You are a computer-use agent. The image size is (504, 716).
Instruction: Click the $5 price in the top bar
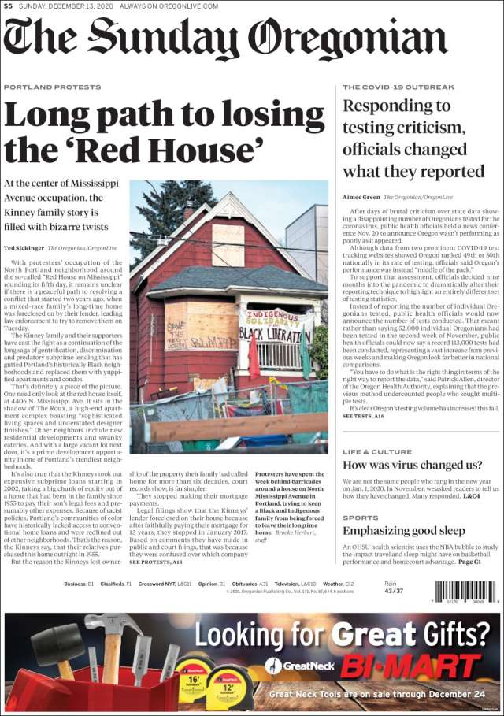coord(7,6)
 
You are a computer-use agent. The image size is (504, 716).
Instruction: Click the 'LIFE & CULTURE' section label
coord(377,452)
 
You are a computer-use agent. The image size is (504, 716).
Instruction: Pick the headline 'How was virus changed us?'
coord(412,466)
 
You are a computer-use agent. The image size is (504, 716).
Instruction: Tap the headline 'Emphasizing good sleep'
coord(404,531)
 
